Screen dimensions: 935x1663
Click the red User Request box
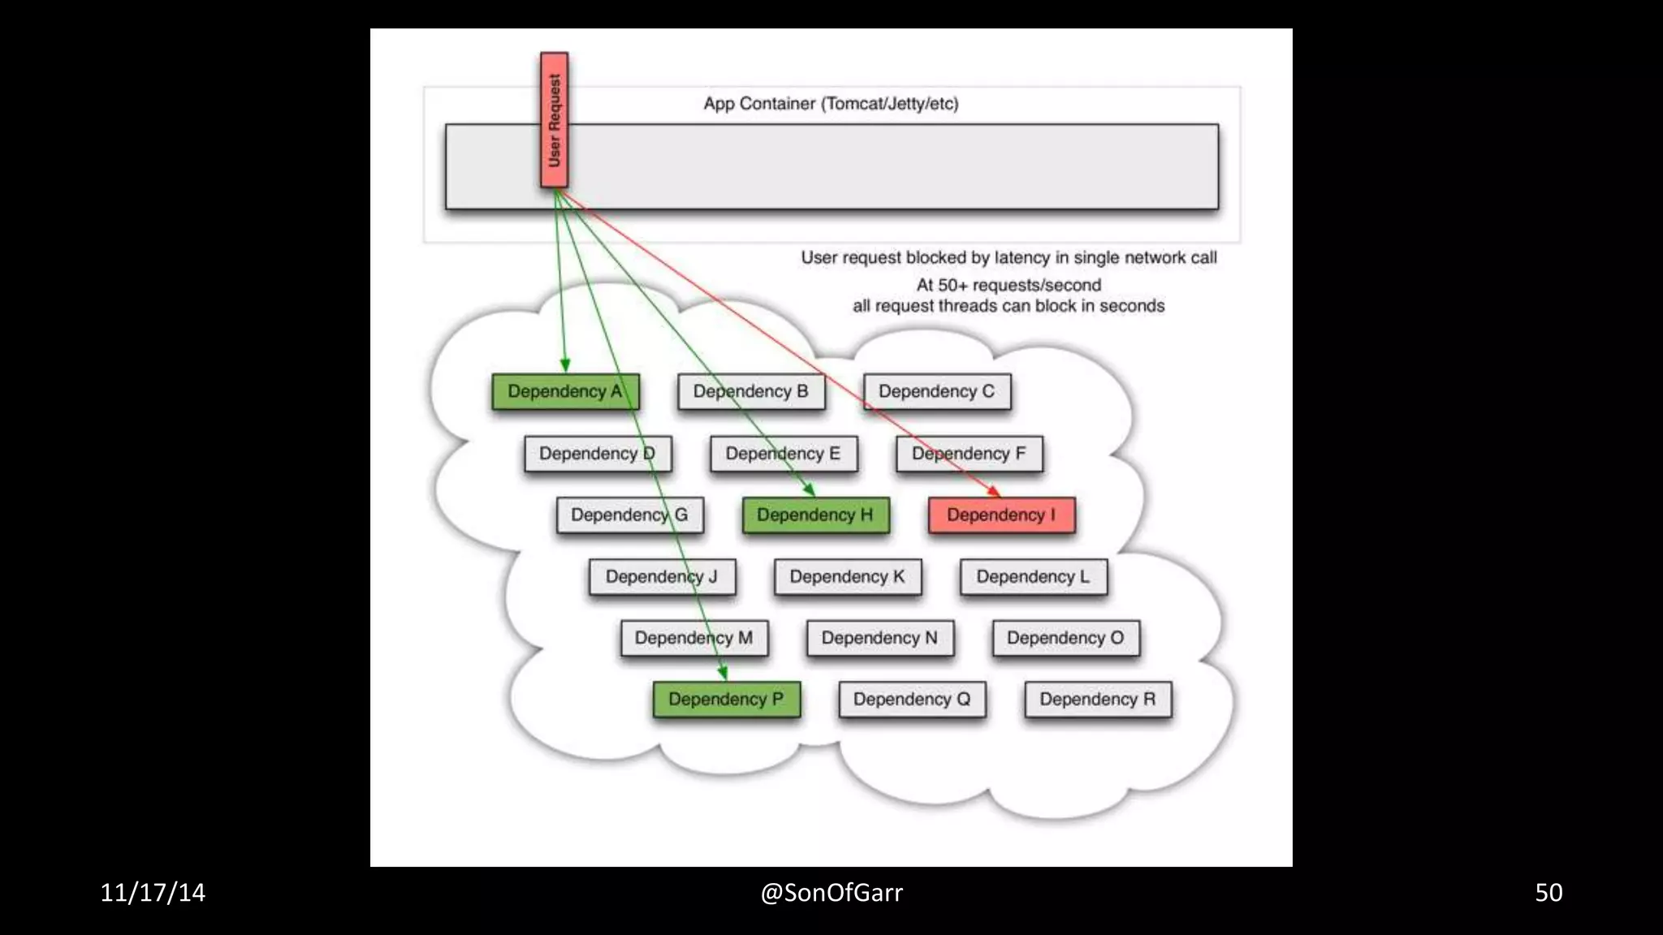[555, 120]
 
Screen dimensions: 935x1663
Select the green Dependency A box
[565, 391]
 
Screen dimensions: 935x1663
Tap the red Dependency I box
[1001, 515]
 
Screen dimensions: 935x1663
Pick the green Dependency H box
[815, 515]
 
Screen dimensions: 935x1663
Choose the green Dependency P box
[726, 700]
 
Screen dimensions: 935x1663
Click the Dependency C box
[936, 391]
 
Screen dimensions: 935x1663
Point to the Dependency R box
[1097, 700]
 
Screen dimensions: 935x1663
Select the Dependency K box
[847, 577]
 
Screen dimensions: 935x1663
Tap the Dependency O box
[1065, 638]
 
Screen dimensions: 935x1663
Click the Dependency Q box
[912, 700]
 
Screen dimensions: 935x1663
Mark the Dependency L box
[1033, 577]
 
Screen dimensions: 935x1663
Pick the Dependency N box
[879, 638]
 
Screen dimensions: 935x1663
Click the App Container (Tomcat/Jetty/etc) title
[831, 104]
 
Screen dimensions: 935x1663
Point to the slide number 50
[1548, 893]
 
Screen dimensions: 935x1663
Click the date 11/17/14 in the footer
[153, 893]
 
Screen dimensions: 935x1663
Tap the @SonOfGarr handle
[831, 893]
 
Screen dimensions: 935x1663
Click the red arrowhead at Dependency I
[994, 491]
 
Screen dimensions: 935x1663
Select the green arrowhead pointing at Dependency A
[565, 365]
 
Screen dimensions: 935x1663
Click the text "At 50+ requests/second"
[1009, 286]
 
